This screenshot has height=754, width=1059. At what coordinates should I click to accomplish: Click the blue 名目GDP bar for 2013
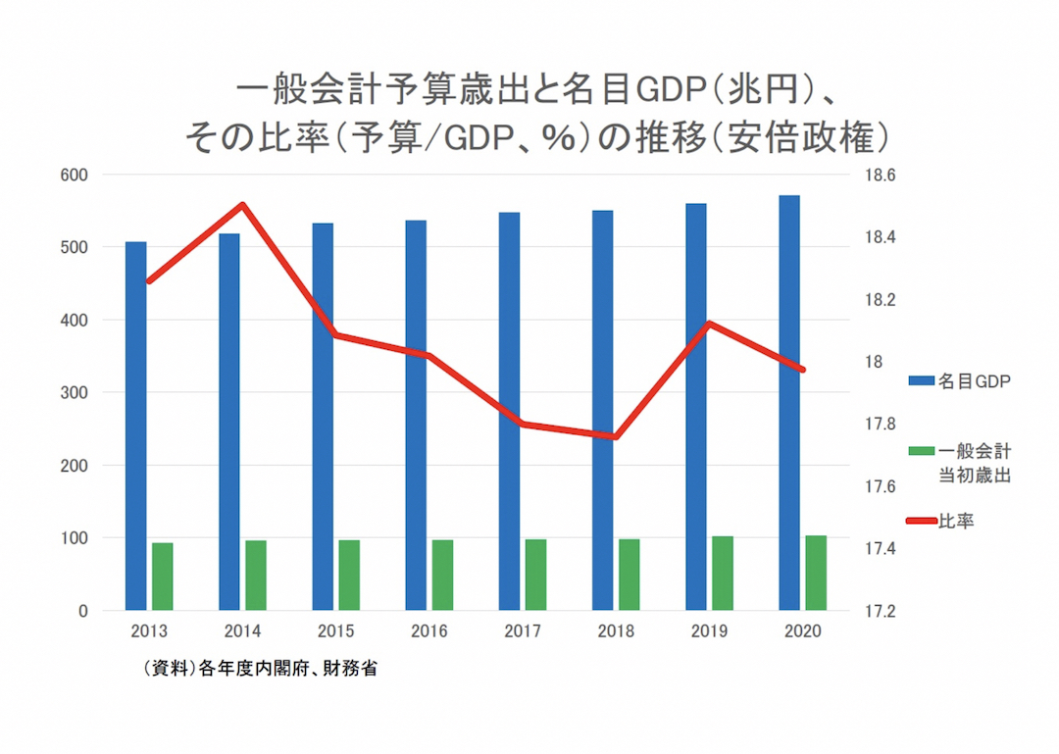pos(135,426)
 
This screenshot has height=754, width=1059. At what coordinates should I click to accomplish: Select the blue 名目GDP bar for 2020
pos(789,403)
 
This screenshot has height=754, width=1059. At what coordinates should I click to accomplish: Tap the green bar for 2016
pos(442,575)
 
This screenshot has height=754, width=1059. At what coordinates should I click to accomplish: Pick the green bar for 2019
pos(723,573)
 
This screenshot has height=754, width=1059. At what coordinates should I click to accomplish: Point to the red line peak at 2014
pos(242,205)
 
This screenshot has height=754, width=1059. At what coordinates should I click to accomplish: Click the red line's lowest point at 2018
pos(615,437)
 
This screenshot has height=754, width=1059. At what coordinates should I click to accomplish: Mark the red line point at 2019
pos(709,324)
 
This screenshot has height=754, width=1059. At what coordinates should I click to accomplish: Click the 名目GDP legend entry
pos(961,380)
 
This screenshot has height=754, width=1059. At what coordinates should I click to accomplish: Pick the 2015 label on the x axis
pos(335,631)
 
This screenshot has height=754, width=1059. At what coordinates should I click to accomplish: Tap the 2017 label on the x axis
pos(522,631)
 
